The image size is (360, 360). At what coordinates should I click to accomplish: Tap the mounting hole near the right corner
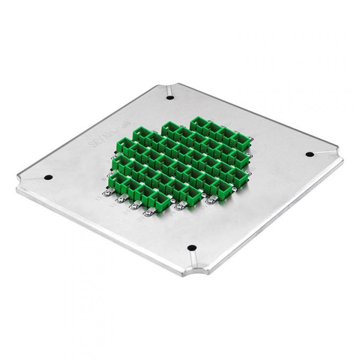310,154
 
